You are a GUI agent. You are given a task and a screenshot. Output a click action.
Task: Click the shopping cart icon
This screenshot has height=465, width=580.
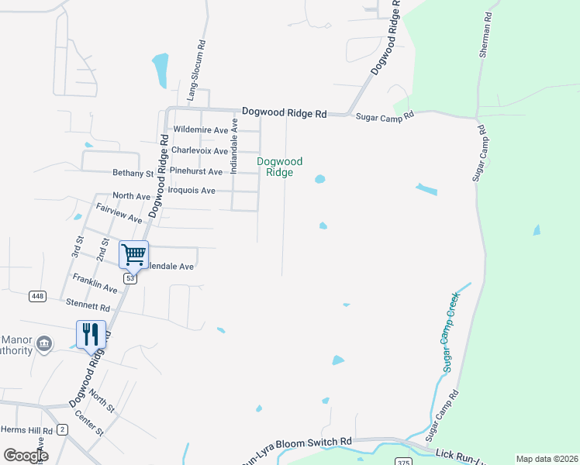133,253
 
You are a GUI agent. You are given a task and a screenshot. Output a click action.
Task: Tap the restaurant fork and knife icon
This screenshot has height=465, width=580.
90,334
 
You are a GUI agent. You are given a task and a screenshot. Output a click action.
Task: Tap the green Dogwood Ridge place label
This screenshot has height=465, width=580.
280,167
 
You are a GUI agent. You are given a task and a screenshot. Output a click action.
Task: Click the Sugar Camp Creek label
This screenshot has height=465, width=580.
451,332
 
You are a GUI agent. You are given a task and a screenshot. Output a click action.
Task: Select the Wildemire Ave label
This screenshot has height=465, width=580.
201,130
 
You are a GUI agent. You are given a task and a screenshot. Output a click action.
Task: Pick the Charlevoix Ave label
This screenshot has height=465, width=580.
199,150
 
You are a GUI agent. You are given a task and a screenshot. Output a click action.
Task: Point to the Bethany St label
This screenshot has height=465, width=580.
134,173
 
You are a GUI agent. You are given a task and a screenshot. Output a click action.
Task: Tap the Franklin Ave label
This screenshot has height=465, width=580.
95,283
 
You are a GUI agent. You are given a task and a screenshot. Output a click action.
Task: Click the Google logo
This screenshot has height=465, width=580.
26,456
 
